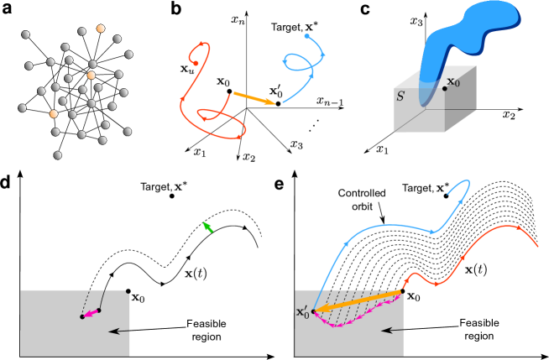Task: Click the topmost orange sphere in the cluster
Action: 102,29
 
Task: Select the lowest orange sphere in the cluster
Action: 54,113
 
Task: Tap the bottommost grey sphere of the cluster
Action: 58,155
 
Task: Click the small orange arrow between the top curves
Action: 254,98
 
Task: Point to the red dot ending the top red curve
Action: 195,63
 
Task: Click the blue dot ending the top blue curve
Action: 306,36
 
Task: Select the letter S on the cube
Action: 400,97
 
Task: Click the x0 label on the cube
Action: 453,82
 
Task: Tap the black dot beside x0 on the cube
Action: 444,88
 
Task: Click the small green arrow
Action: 207,227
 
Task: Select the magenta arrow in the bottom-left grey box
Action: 90,314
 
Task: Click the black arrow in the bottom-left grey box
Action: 119,331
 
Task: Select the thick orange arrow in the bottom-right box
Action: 357,301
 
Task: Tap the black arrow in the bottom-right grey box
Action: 392,331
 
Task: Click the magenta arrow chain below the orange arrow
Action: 353,320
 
